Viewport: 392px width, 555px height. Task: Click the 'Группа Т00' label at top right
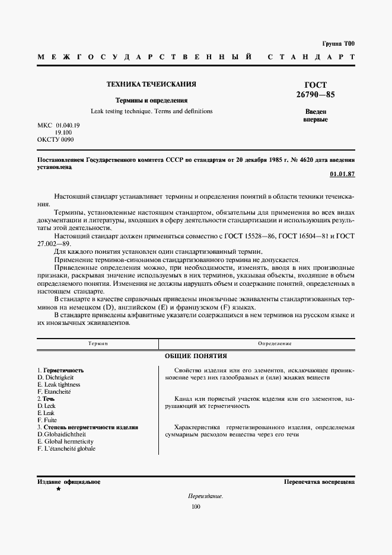point(338,44)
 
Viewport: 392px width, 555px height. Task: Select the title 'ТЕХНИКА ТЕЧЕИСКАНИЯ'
point(151,85)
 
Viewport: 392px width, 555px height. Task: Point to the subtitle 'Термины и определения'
point(151,100)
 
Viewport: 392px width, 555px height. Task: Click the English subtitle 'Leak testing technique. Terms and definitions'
point(151,111)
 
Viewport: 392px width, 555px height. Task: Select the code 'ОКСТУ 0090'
point(56,139)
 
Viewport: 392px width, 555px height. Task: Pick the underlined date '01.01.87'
point(342,174)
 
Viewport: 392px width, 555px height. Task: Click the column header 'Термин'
point(98,344)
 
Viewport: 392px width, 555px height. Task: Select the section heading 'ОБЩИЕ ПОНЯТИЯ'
point(196,356)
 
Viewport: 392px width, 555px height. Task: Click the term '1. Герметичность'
point(60,370)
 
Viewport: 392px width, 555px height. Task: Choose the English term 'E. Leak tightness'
point(59,384)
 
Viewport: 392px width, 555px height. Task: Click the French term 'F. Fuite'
point(47,420)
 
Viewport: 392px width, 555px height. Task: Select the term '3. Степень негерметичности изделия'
point(88,427)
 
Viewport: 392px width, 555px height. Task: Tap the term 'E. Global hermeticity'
point(65,441)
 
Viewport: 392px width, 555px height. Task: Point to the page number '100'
point(196,506)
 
